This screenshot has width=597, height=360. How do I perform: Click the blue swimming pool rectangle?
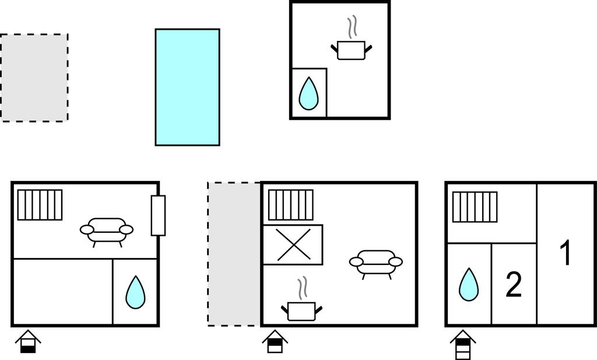pos(187,88)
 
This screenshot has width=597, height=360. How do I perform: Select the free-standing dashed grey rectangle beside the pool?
pos(34,78)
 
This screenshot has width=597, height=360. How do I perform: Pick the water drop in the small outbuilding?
pos(308,94)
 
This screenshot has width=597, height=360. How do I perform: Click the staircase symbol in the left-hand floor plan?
pos(40,205)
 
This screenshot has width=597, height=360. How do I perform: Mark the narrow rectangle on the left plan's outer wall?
pos(158,216)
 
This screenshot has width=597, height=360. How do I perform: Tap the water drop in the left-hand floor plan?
pos(135,292)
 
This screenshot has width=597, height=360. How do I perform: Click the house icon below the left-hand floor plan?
pos(28,342)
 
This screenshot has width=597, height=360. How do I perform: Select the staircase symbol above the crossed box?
pos(291,205)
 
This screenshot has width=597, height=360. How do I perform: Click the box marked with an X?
pos(293,244)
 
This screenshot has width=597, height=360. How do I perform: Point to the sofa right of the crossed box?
pos(376,264)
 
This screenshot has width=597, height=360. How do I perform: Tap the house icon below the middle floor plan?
pos(275,342)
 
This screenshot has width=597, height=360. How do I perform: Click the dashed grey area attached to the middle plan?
pos(234,254)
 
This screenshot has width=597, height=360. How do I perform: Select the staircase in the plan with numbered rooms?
pos(475,207)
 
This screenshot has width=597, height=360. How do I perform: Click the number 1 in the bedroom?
pos(566,252)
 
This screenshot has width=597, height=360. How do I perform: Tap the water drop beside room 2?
pos(469,285)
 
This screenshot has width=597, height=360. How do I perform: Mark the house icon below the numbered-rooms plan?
pos(463,344)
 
